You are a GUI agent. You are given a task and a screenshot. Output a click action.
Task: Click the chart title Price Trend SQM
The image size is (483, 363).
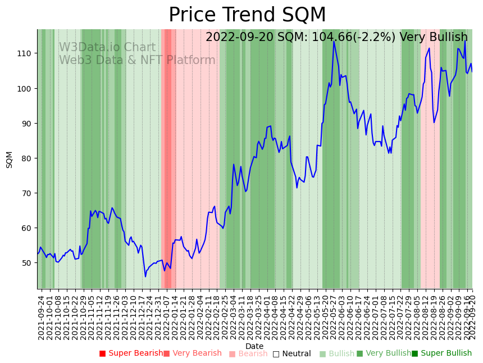pyautogui.click(x=247, y=15)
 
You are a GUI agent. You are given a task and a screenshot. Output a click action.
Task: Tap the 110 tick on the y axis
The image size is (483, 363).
pyautogui.click(x=26, y=53)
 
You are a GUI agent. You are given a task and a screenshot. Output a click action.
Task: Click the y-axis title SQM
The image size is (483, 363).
pyautogui.click(x=10, y=159)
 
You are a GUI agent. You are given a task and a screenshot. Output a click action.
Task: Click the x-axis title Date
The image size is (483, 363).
pyautogui.click(x=254, y=347)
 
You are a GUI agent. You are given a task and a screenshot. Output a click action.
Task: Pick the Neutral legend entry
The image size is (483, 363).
pyautogui.click(x=291, y=353)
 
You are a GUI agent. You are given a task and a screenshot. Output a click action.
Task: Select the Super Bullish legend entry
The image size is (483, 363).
pyautogui.click(x=441, y=353)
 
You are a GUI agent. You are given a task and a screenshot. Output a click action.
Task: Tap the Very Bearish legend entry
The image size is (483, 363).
pyautogui.click(x=193, y=353)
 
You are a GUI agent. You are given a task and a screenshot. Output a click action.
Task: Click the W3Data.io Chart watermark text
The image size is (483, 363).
pyautogui.click(x=107, y=48)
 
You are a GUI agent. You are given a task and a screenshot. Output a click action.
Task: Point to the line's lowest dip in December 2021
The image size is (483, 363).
pyautogui.click(x=145, y=276)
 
